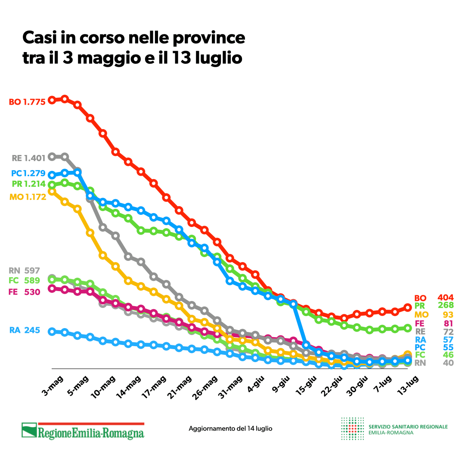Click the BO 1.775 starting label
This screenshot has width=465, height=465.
pos(27,102)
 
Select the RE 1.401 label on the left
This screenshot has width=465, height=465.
pos(29,158)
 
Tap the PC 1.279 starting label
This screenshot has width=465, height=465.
pos(28,174)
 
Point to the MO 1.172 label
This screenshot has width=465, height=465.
pos(28,197)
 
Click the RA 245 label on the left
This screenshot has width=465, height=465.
pos(25,330)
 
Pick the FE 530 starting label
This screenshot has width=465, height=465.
pos(24,292)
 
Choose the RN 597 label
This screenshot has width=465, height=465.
pos(24,271)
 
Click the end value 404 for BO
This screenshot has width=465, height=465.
pos(446,298)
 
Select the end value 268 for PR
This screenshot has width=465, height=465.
pos(446,306)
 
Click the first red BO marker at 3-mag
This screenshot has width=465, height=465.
pos(52,100)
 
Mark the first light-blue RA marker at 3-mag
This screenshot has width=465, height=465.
pos(52,332)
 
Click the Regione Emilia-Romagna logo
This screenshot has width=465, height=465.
pos(83,431)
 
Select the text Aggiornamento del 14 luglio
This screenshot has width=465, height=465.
pos(230,429)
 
